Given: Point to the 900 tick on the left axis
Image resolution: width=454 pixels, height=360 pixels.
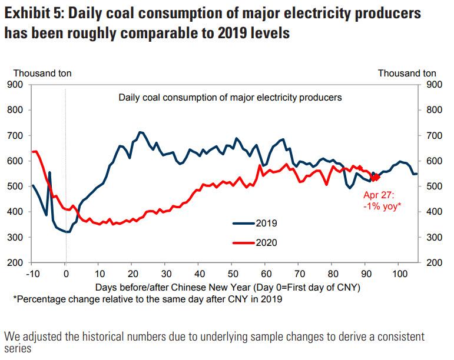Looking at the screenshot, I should point(15,85).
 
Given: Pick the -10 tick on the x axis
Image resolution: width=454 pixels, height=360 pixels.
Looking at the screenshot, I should point(32,274).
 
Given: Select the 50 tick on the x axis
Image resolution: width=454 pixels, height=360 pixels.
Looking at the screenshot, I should point(233,274).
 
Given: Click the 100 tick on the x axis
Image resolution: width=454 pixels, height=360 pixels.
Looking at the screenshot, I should point(399,274).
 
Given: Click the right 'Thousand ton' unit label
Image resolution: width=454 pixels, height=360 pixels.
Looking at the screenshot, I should point(407,74).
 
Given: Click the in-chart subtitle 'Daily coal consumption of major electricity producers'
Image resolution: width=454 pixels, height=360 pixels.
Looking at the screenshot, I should point(230,97).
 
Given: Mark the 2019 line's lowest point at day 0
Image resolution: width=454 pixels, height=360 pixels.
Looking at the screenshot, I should point(68,232).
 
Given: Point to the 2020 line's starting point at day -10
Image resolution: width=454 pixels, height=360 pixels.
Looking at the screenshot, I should point(32,152).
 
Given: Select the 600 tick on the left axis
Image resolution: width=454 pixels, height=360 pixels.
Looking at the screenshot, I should point(15,161).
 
